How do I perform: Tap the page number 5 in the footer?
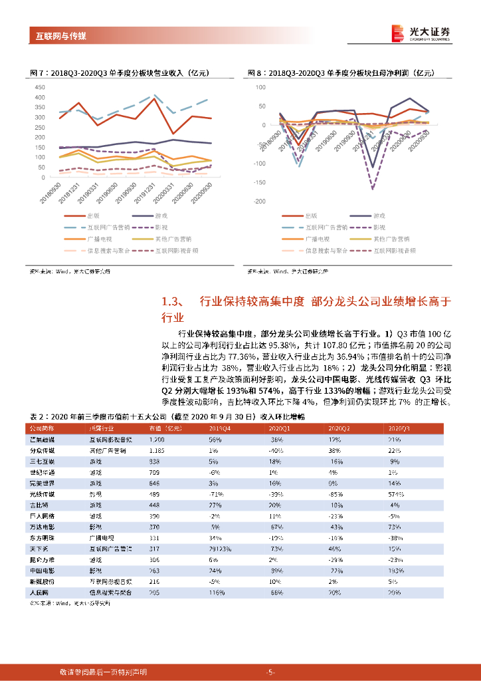(x=270, y=672)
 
